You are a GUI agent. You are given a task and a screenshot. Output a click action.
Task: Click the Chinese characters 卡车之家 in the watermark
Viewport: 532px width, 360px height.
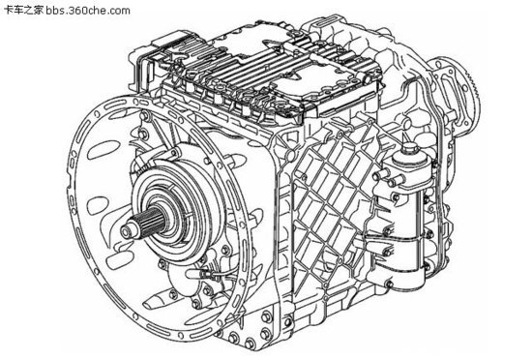coord(25,11)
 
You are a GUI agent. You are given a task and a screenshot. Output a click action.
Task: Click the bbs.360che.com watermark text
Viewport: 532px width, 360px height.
coord(88,11)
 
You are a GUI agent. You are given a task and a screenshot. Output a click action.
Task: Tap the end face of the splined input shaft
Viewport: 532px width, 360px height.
coord(126,232)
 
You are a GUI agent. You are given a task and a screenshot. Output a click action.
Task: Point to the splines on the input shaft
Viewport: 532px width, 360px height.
coord(149,221)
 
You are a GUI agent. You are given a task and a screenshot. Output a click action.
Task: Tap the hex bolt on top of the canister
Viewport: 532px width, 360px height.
coord(409,148)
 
